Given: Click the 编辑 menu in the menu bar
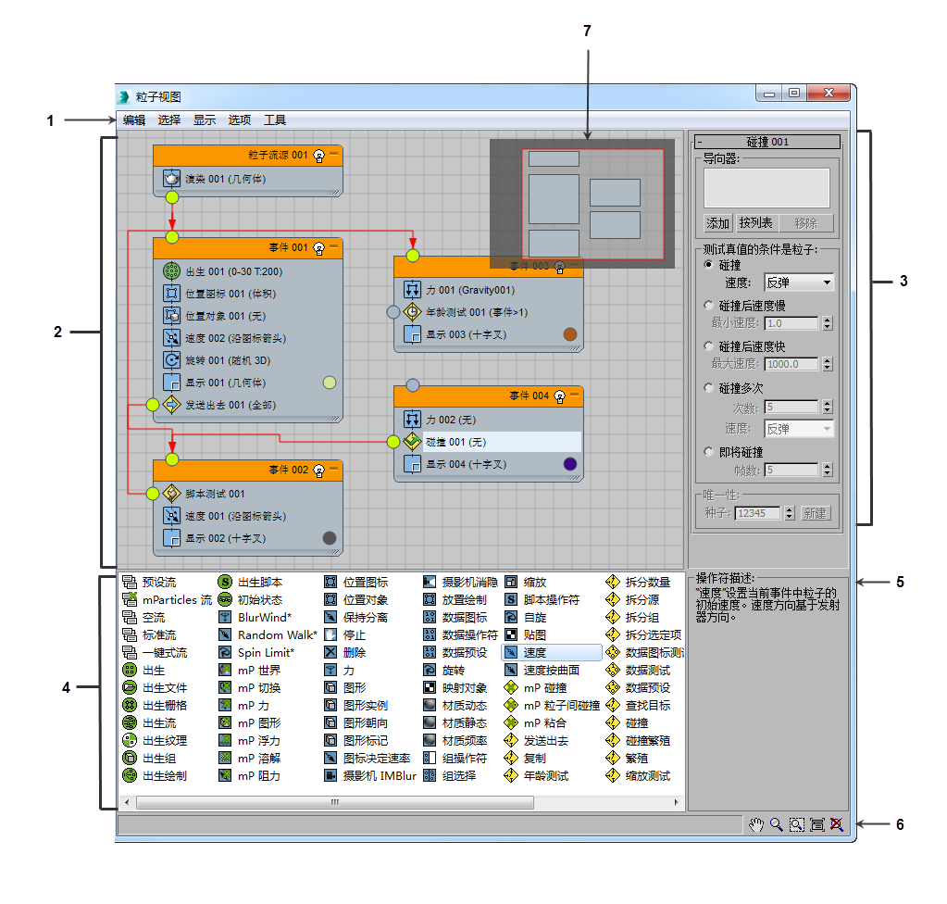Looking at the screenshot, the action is tap(134, 120).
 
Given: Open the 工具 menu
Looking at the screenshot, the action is tap(275, 120).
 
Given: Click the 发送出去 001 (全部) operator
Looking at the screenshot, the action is tap(231, 405).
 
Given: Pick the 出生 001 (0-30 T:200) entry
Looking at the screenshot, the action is tap(233, 271).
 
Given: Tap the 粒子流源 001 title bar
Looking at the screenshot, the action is tap(247, 156).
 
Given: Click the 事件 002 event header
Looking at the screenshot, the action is tap(247, 471).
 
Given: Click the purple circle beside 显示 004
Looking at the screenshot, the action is tap(570, 464).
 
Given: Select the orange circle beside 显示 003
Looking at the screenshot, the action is tap(570, 334).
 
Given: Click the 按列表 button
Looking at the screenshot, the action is tap(755, 223).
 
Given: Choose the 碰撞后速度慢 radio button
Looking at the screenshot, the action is tap(709, 305).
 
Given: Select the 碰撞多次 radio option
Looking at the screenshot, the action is tap(709, 387).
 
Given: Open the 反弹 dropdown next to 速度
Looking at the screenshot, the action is tap(799, 282).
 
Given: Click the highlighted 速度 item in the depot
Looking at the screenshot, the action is tap(552, 653).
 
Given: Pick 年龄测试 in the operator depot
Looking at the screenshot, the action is tap(536, 776).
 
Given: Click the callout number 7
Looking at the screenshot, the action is tap(587, 31).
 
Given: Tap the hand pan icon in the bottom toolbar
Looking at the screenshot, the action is tap(756, 825).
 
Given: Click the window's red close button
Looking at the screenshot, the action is tap(829, 93).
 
